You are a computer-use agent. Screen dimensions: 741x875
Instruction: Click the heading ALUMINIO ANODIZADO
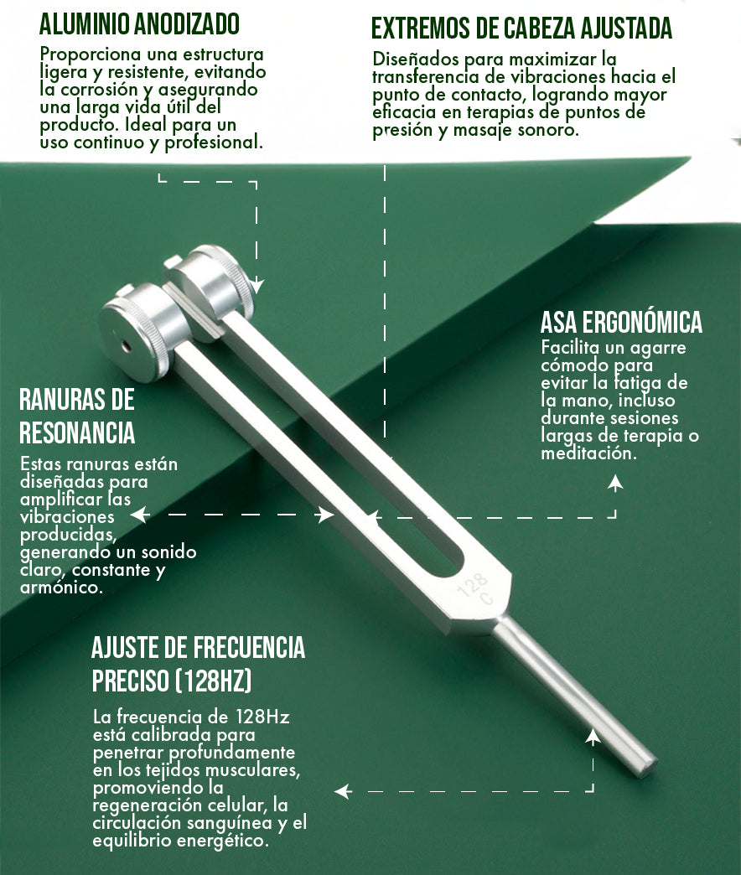click(x=139, y=23)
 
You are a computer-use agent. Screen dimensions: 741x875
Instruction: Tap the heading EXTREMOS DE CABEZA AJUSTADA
click(x=521, y=28)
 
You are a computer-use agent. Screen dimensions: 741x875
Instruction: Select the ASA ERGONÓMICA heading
click(x=621, y=322)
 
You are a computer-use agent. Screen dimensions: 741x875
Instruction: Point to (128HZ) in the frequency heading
click(x=214, y=681)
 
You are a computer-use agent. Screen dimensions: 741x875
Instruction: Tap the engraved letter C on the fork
click(x=486, y=599)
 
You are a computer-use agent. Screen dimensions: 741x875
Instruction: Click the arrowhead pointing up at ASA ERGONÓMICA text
click(x=615, y=483)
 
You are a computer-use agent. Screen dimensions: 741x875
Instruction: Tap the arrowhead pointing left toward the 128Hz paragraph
click(x=343, y=790)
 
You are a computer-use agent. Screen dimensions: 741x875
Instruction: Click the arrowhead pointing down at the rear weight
click(x=256, y=286)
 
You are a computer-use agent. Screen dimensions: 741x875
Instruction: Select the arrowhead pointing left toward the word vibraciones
click(x=139, y=515)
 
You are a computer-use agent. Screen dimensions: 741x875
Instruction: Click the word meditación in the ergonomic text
click(x=588, y=453)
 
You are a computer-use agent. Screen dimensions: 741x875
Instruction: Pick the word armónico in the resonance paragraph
click(x=61, y=587)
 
